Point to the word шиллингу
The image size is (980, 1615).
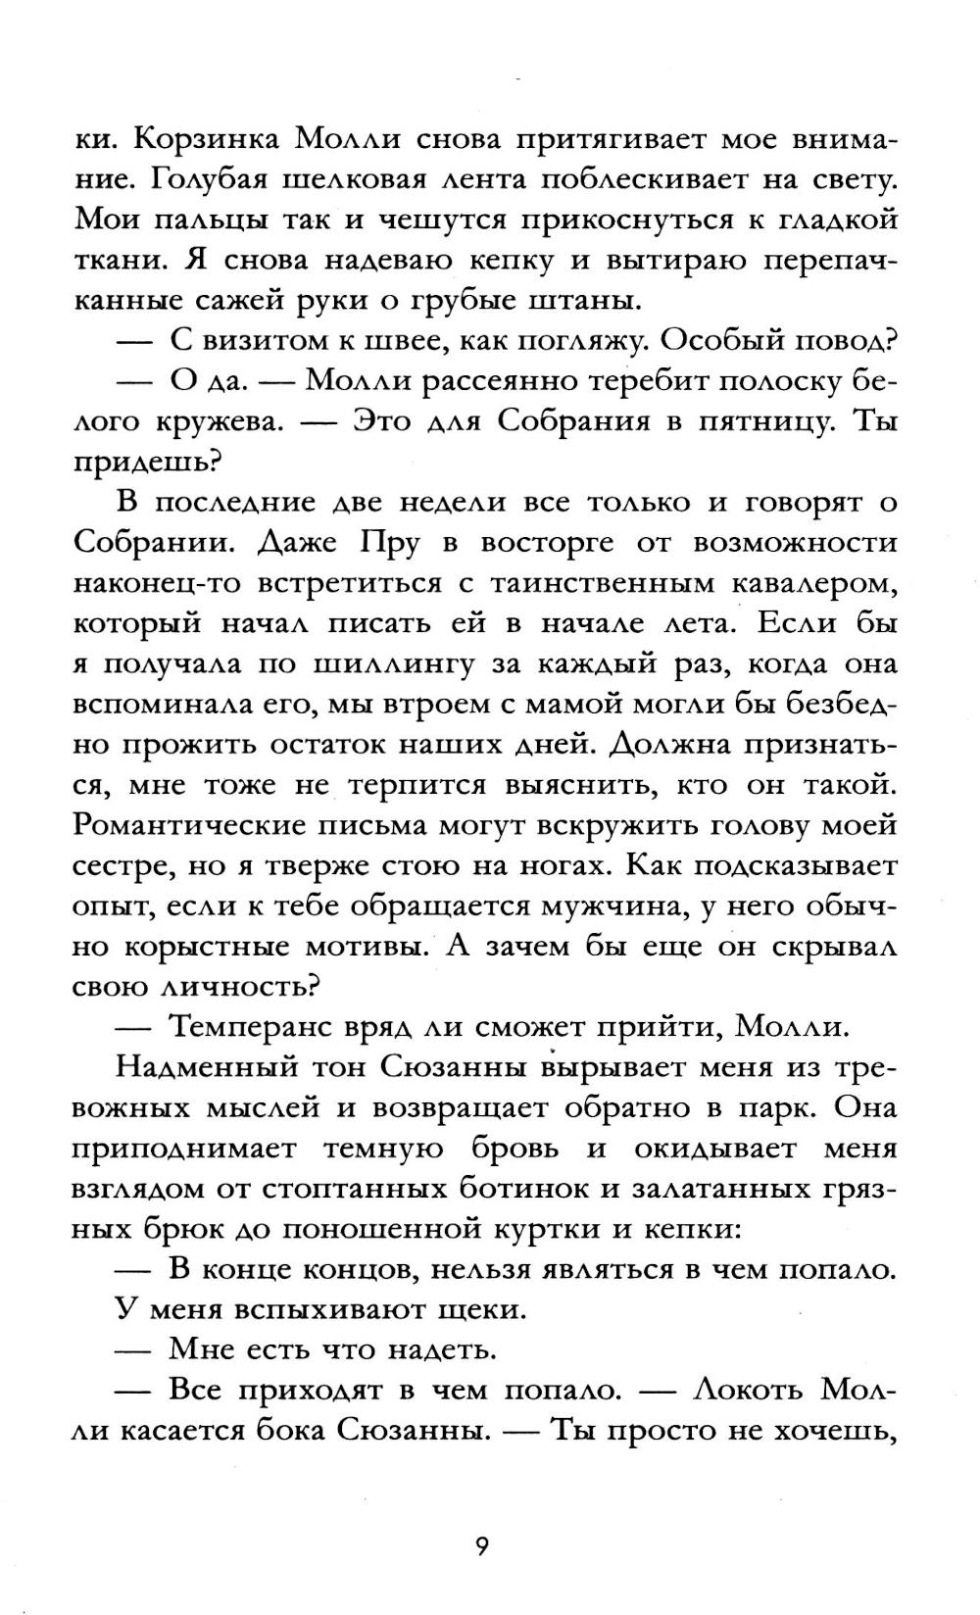tap(391, 663)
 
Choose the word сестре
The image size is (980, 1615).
tap(119, 866)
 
